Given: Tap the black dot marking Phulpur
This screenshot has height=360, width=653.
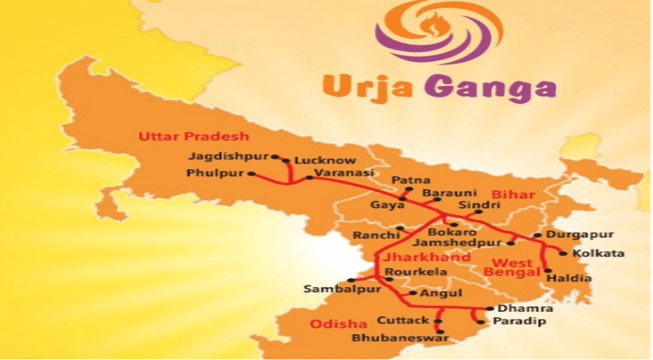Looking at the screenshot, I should tap(251, 174).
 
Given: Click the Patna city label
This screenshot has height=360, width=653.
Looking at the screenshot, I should tap(410, 180).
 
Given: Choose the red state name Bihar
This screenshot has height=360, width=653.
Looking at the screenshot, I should tap(513, 194).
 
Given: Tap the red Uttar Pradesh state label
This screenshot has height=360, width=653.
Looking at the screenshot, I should tap(193, 136).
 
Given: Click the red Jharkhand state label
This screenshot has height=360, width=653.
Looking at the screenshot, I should tap(413, 257).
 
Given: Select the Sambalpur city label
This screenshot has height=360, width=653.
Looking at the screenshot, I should tap(342, 289).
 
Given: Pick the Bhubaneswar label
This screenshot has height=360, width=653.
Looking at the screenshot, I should tap(391, 338).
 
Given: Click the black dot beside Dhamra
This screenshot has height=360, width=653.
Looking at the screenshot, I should tap(490, 309).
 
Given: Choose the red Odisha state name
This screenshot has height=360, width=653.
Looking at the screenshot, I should tap(338, 324).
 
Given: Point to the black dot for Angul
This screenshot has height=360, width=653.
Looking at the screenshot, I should tap(414, 293).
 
